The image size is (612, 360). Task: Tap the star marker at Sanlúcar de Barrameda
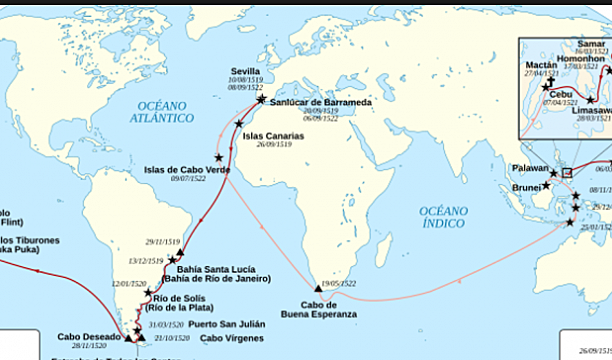click(x=261, y=101)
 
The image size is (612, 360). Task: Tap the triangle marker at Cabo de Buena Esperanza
click(x=318, y=285)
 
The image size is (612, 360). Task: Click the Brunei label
click(x=519, y=187)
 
